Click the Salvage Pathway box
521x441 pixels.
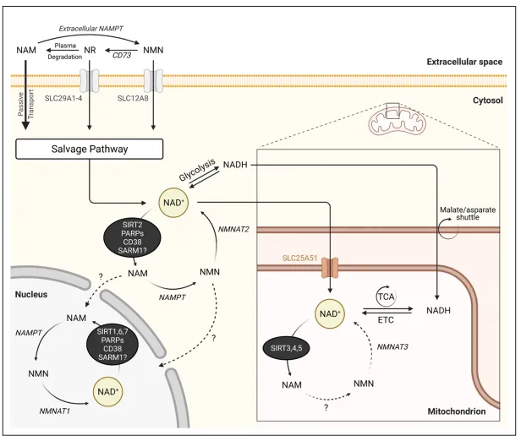click(x=89, y=150)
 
